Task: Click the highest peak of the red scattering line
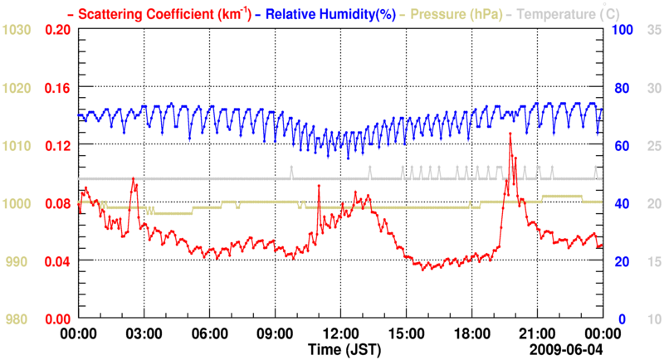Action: tap(510, 134)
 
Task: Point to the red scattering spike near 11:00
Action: tap(319, 185)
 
